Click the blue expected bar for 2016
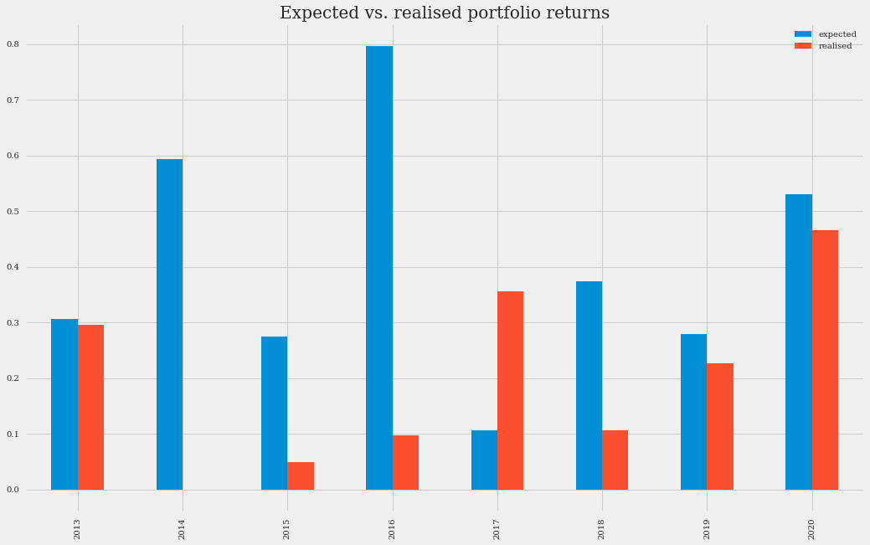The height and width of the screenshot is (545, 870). pyautogui.click(x=379, y=268)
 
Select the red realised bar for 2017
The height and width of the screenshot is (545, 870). pyautogui.click(x=510, y=390)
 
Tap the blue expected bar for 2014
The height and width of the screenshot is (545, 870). pyautogui.click(x=169, y=324)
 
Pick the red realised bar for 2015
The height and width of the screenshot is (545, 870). pyautogui.click(x=301, y=476)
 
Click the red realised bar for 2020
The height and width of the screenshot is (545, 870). pyautogui.click(x=825, y=360)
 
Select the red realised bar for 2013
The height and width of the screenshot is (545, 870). pyautogui.click(x=90, y=407)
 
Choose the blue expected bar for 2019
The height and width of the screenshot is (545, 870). pyautogui.click(x=693, y=412)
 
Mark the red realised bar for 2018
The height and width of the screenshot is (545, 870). pyautogui.click(x=615, y=460)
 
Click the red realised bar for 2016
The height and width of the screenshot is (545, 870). pyautogui.click(x=405, y=462)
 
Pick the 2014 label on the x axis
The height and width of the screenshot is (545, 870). pyautogui.click(x=183, y=528)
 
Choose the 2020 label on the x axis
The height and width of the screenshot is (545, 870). pyautogui.click(x=812, y=528)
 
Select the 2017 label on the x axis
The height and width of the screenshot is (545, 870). pyautogui.click(x=497, y=528)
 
